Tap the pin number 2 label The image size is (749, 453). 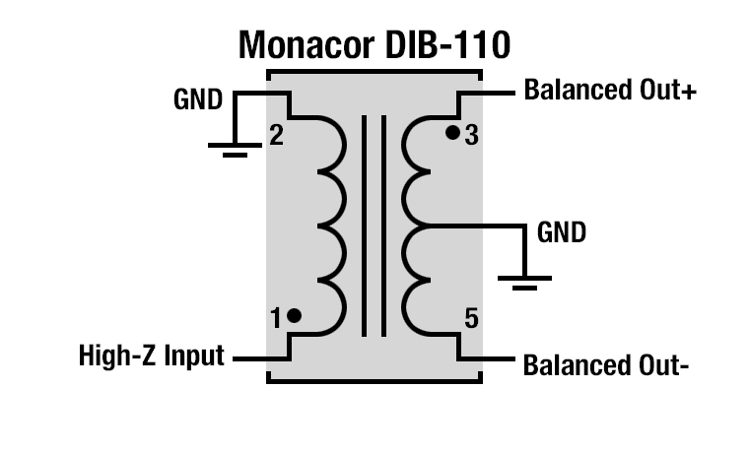[276, 136]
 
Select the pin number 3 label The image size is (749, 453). [471, 136]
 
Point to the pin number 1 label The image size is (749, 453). [277, 318]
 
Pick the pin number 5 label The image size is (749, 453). [471, 318]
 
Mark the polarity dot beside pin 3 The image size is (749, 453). [452, 132]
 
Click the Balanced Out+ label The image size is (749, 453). [610, 92]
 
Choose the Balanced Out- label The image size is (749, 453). [605, 366]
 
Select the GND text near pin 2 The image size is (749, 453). [198, 100]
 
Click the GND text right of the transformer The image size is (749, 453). [562, 233]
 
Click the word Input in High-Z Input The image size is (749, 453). [194, 356]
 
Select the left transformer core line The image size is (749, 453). [365, 226]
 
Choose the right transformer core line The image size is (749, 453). [381, 226]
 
